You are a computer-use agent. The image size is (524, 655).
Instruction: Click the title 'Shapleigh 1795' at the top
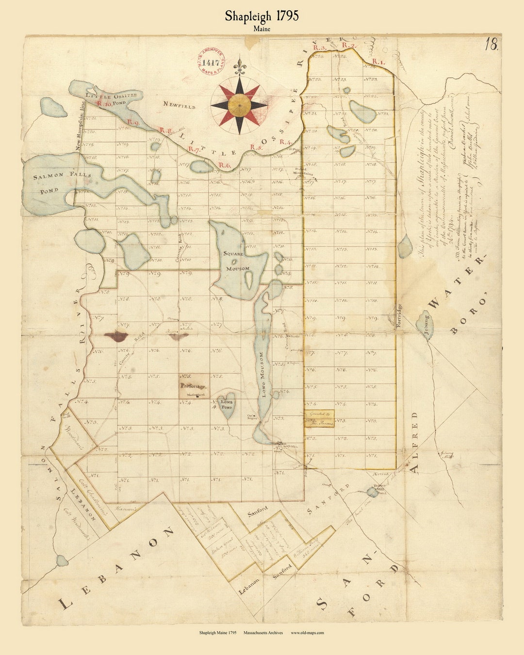[262, 16]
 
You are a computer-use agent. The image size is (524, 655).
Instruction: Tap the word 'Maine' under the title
[262, 29]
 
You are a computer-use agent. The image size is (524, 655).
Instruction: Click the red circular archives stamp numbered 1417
[211, 62]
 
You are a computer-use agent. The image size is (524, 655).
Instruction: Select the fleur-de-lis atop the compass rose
[238, 65]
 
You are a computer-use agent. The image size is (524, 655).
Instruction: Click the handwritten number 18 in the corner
[491, 45]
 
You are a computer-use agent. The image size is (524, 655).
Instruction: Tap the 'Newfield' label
[179, 105]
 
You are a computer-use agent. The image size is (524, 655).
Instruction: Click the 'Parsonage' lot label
[194, 387]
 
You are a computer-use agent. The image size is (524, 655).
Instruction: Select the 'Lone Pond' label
[227, 405]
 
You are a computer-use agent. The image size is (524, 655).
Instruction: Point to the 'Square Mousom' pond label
[237, 261]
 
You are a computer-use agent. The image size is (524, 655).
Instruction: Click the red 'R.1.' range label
[378, 62]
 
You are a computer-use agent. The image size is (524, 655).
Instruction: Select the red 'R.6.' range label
[224, 165]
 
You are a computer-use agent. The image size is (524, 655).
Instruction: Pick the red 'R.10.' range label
[104, 103]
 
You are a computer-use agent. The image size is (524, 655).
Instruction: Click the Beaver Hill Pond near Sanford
[372, 492]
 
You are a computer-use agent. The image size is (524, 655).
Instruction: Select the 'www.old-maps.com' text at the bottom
[307, 633]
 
